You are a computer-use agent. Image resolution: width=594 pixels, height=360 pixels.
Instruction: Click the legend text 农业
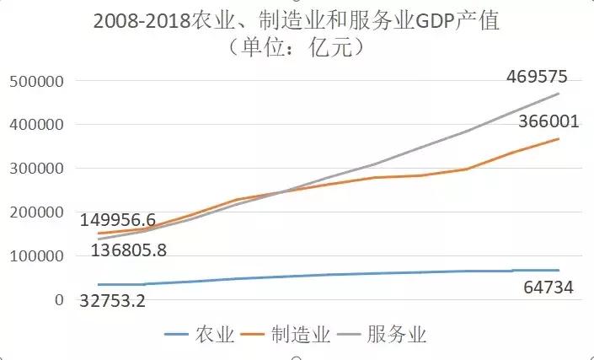(x=214, y=335)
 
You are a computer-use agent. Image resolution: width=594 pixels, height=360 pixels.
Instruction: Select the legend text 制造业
(x=300, y=335)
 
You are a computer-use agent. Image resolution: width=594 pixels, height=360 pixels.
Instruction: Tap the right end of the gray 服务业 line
(x=559, y=93)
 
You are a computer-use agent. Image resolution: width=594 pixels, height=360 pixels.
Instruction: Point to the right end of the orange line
(x=559, y=138)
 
